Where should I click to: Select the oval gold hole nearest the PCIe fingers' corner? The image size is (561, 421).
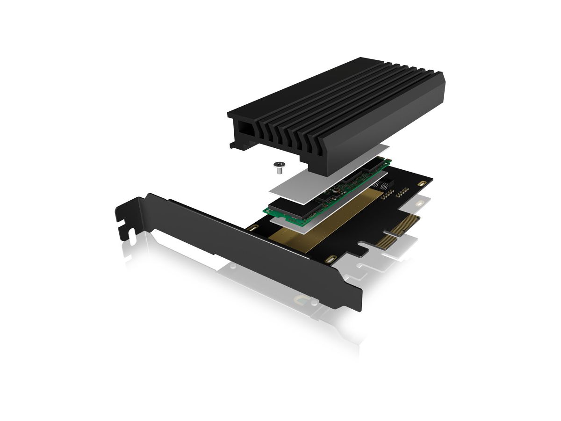tap(331, 260)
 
